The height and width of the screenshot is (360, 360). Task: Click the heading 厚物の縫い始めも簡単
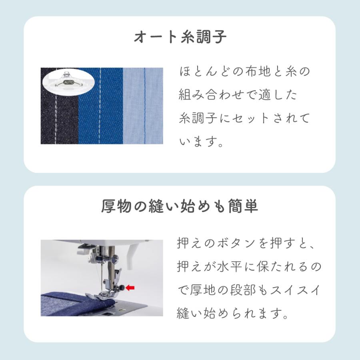pos(180,207)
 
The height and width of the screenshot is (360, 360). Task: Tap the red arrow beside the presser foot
pos(130,287)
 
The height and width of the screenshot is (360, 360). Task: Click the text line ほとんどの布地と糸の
pos(244,72)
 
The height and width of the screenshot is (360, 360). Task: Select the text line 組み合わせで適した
pos(238,95)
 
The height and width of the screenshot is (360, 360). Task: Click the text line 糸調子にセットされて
pos(244,119)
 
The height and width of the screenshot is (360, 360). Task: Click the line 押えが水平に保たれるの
pos(248,267)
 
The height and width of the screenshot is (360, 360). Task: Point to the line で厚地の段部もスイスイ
pos(248,290)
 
